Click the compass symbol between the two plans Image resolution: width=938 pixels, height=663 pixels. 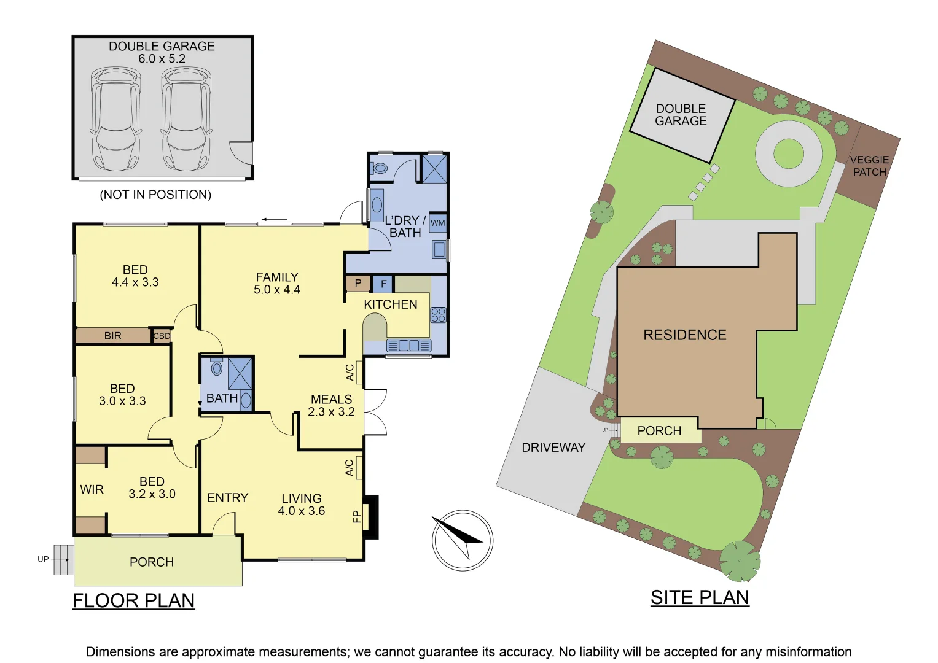pos(462,540)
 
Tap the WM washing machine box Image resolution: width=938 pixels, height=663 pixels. pos(437,223)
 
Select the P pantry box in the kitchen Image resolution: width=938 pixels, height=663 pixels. pos(358,283)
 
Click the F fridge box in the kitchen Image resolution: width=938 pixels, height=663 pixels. pos(383,284)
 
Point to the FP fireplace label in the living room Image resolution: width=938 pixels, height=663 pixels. pos(356,517)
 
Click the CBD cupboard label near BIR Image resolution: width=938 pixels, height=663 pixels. pos(162,336)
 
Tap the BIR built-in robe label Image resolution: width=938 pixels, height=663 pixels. pos(113,336)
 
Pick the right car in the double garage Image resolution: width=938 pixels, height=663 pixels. pos(186,120)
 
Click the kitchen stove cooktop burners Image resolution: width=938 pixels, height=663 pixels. pos(438,315)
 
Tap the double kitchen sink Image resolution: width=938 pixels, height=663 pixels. pos(408,346)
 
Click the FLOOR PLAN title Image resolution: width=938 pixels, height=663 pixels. pos(133,600)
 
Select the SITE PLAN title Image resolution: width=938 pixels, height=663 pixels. pos(700,597)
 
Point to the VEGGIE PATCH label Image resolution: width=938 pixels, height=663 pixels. pos(869,166)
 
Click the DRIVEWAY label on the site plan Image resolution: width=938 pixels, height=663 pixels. pos(553,448)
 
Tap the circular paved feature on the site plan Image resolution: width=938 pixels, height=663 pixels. pos(789,153)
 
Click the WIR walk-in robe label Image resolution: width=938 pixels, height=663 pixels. pos(92,489)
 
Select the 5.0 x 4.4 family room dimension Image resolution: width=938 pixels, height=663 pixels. pos(277,290)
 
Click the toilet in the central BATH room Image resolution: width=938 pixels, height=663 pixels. pos(216,368)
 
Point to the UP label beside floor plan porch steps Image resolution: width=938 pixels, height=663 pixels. pos(43,559)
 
